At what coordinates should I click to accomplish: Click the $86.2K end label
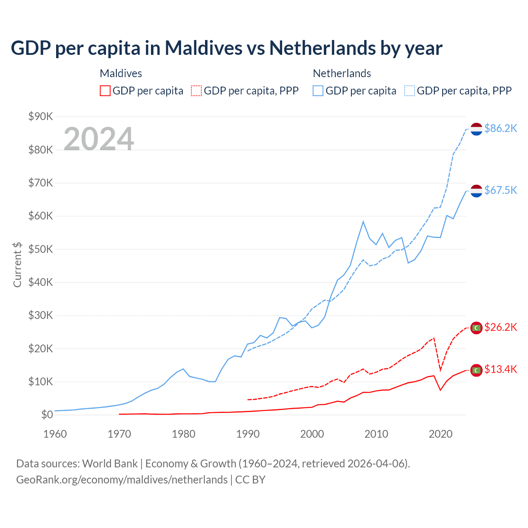pos(500,129)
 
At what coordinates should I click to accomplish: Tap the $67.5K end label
pos(500,190)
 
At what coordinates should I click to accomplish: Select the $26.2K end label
pos(500,328)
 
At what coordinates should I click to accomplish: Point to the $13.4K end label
pos(500,370)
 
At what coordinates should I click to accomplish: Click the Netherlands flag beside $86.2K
pos(476,129)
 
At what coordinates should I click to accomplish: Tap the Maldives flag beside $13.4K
pos(476,370)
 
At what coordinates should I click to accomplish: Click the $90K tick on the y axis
pos(41,117)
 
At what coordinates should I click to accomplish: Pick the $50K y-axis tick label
pos(41,250)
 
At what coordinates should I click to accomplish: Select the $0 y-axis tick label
pos(47,415)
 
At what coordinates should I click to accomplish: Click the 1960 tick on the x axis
pos(55,434)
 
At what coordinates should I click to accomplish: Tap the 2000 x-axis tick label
pos(312,434)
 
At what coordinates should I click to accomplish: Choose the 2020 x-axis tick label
pos(441,434)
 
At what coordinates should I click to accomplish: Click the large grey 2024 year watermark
pos(99,139)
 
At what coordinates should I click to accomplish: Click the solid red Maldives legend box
pos(105,91)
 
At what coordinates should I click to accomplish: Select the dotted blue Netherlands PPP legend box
pos(410,91)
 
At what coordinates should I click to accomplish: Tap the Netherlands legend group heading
pos(342,73)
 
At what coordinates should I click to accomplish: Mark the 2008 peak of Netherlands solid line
pos(363,222)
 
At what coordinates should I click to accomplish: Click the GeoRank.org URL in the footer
pos(122,480)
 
